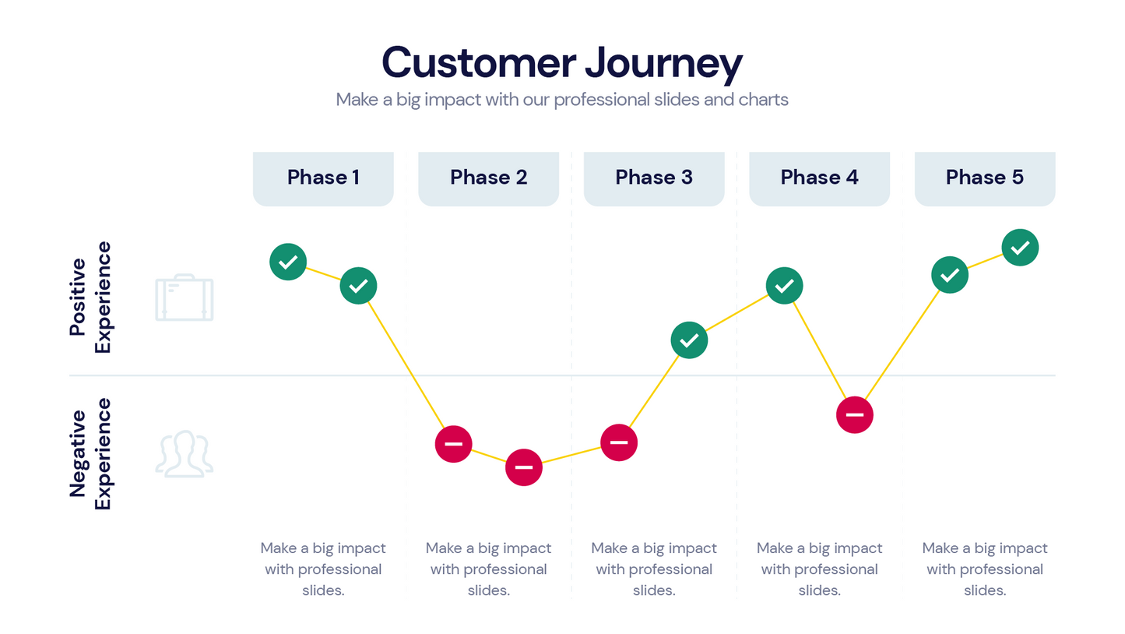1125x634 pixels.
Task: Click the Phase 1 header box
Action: (323, 178)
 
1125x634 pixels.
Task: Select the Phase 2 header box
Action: (488, 178)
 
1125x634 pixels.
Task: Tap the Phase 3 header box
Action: (654, 178)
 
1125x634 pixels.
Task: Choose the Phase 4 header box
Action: (819, 178)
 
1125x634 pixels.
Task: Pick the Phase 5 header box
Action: (985, 178)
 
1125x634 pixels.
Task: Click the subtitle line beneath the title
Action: (562, 100)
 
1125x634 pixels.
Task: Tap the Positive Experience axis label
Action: (90, 298)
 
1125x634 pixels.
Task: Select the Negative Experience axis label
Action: (90, 454)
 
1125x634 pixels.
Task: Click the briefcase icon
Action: (185, 298)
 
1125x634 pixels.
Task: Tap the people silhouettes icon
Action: (184, 453)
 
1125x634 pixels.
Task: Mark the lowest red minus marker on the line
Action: (524, 467)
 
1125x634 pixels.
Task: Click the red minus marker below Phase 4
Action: (855, 414)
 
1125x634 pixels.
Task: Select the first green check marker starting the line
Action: (288, 261)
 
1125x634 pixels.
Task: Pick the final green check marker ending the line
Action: (1020, 248)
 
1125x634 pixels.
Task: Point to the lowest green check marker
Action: (689, 340)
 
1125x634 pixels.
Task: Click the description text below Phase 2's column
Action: (488, 569)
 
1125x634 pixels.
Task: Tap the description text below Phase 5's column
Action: (985, 569)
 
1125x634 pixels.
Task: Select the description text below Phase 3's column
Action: (654, 569)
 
